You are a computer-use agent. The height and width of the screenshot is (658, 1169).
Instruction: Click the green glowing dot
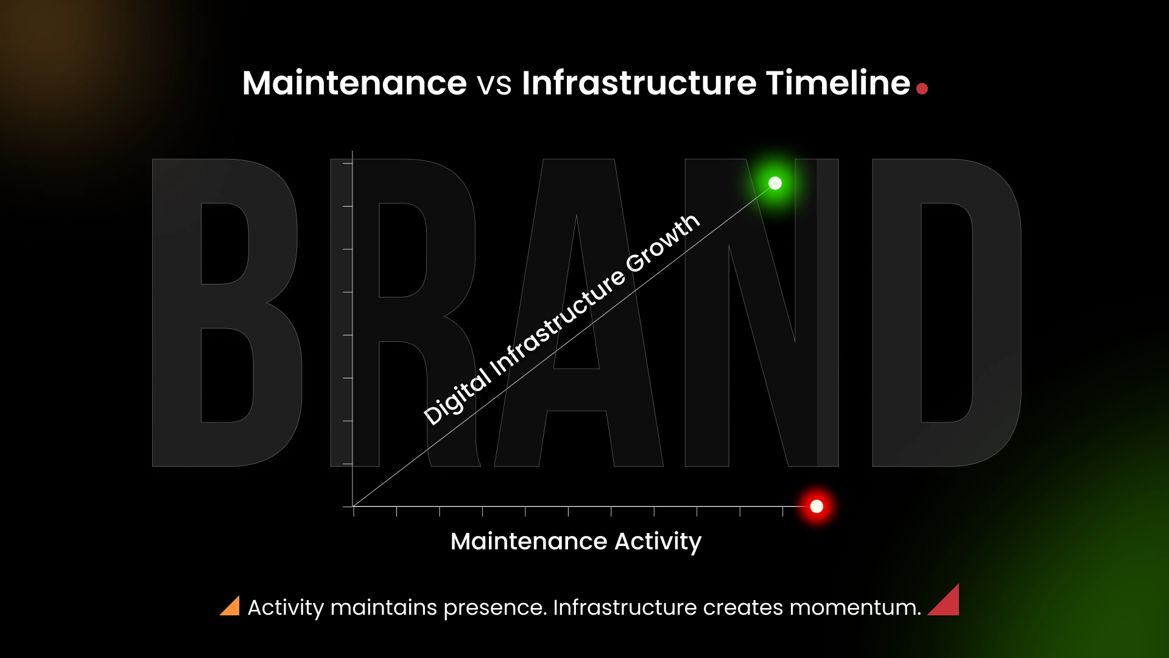point(774,183)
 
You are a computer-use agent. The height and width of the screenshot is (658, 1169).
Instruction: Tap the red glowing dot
point(816,506)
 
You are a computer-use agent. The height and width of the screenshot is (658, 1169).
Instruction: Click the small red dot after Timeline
point(922,89)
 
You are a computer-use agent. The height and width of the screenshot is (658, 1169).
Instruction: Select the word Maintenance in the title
point(354,83)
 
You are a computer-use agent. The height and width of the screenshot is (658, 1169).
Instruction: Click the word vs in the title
point(494,84)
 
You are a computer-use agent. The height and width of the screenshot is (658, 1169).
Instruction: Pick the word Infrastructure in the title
point(639,83)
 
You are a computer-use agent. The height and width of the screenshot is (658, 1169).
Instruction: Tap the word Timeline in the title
point(838,83)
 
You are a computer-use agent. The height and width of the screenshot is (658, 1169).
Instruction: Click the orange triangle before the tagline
point(231,607)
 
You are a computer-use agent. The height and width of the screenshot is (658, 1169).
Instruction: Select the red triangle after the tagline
point(946,602)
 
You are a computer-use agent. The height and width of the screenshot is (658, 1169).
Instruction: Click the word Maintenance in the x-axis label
point(528,542)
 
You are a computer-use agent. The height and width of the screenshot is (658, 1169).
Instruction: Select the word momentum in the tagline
point(855,608)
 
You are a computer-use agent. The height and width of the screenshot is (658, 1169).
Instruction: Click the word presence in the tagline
point(495,608)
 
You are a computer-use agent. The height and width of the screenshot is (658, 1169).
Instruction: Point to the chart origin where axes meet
point(353,506)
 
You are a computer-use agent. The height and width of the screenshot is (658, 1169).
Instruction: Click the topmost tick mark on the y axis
point(348,163)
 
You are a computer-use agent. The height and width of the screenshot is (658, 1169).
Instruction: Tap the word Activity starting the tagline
point(286,608)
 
